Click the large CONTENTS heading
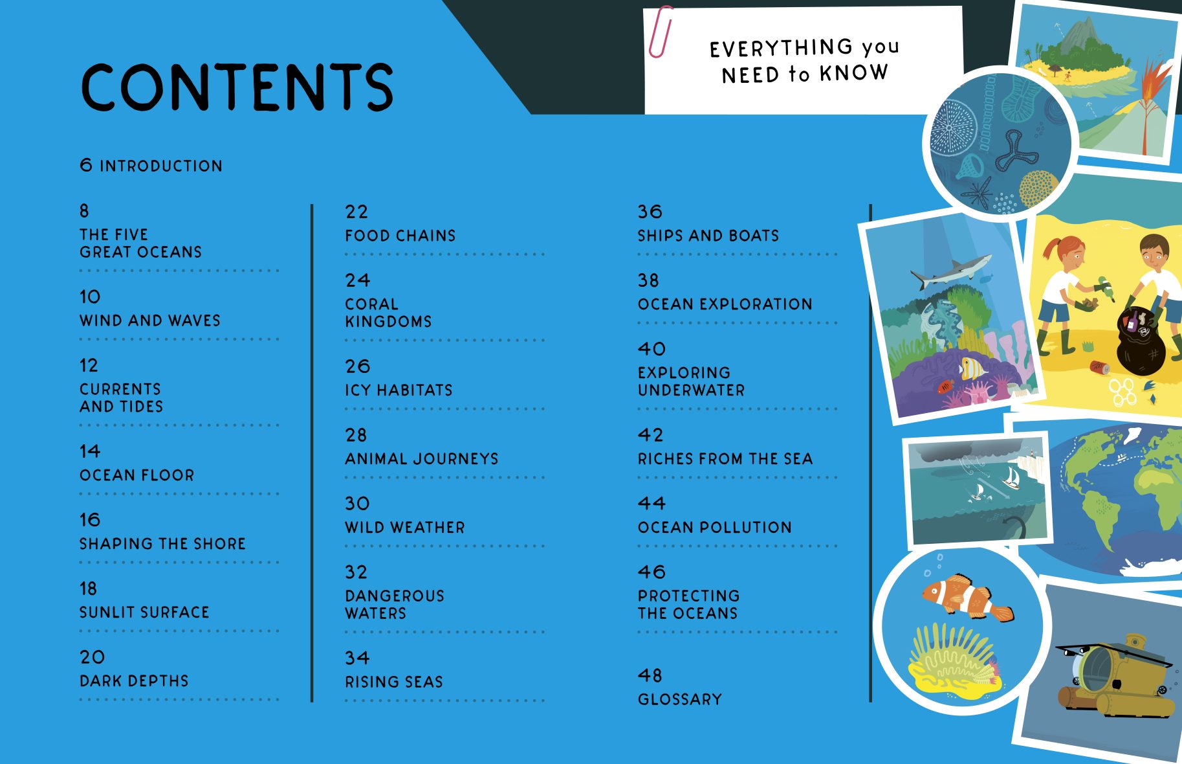click(237, 87)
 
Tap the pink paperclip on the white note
click(660, 32)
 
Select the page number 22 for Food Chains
click(356, 212)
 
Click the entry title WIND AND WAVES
click(150, 320)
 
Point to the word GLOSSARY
click(679, 699)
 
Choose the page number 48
click(650, 675)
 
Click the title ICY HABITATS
click(399, 390)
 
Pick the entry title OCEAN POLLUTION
click(714, 527)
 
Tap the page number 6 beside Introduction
click(86, 165)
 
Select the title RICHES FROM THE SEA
click(725, 458)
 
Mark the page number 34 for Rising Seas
click(356, 658)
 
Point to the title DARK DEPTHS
click(134, 680)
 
